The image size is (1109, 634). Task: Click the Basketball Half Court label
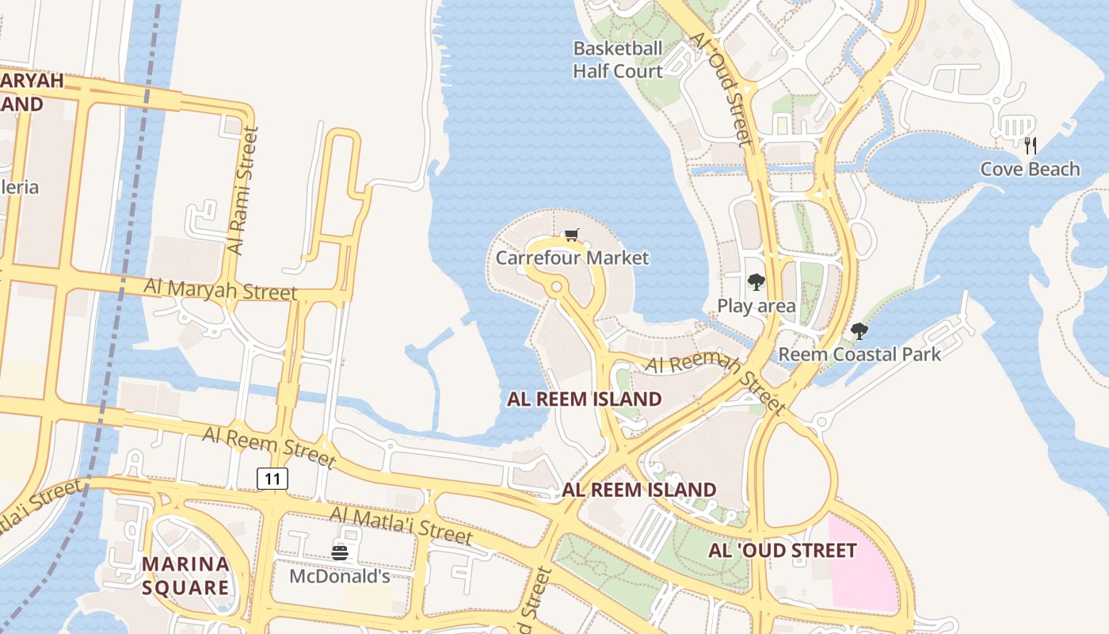pyautogui.click(x=618, y=59)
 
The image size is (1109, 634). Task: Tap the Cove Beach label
pyautogui.click(x=1030, y=169)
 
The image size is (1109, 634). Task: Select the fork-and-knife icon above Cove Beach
pyautogui.click(x=1030, y=145)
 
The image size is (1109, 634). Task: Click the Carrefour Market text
pyautogui.click(x=572, y=258)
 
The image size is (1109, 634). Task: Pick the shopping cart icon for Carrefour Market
pyautogui.click(x=572, y=235)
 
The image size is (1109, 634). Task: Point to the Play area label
pyautogui.click(x=756, y=305)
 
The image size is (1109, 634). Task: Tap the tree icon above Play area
pyautogui.click(x=756, y=282)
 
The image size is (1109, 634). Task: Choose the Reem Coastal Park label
pyautogui.click(x=859, y=353)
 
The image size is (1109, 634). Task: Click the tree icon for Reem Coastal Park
pyautogui.click(x=859, y=331)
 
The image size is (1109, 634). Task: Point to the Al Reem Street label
pyautogui.click(x=269, y=447)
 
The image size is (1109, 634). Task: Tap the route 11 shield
pyautogui.click(x=272, y=478)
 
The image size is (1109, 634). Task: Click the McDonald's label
pyautogui.click(x=339, y=576)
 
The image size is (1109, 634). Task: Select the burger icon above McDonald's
pyautogui.click(x=340, y=552)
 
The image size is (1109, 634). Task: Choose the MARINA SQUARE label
pyautogui.click(x=185, y=575)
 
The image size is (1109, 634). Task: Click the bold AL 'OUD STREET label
pyautogui.click(x=783, y=550)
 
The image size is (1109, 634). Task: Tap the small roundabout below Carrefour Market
pyautogui.click(x=557, y=286)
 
